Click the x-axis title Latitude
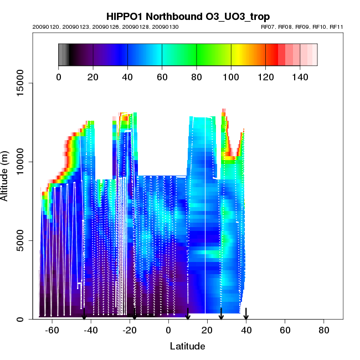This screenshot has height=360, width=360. click(x=188, y=346)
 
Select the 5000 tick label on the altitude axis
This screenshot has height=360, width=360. click(x=23, y=240)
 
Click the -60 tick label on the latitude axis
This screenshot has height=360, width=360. click(x=52, y=330)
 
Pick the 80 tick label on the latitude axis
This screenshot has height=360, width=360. click(x=324, y=330)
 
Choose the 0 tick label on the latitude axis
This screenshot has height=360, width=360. click(x=168, y=330)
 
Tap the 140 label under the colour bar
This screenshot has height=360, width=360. click(x=300, y=77)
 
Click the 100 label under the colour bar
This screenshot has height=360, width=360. click(x=231, y=77)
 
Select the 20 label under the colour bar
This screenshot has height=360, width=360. click(x=93, y=77)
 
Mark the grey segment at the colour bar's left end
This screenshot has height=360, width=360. click(x=63, y=54)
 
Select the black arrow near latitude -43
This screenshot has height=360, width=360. click(x=84, y=314)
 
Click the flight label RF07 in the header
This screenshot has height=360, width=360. click(x=269, y=27)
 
